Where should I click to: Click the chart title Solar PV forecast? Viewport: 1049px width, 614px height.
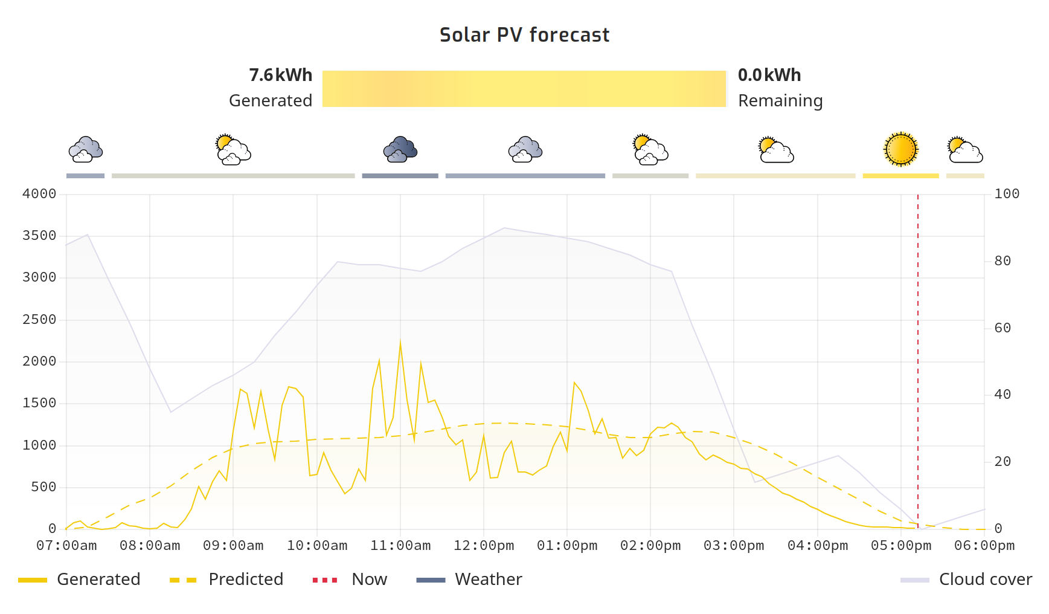(x=524, y=35)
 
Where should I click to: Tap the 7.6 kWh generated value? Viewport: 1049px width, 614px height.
(x=280, y=75)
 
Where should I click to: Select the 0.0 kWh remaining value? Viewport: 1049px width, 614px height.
(x=769, y=75)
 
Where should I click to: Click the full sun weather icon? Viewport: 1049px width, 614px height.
(x=900, y=149)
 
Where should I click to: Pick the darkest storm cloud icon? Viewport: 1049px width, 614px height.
(x=400, y=149)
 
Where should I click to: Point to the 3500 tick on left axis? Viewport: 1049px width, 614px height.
(x=39, y=236)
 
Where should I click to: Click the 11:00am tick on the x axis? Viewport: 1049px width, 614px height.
(x=400, y=546)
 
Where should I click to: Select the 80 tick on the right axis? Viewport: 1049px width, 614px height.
(x=1002, y=261)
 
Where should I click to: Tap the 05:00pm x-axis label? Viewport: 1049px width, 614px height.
(x=900, y=546)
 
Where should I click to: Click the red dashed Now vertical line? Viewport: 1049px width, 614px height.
(x=918, y=363)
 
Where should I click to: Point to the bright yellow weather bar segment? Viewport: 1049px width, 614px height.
(x=900, y=176)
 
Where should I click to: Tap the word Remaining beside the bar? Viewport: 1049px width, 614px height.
(x=780, y=100)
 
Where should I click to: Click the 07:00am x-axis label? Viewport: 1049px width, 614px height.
(x=66, y=546)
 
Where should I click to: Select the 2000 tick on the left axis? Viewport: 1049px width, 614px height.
(x=39, y=361)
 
